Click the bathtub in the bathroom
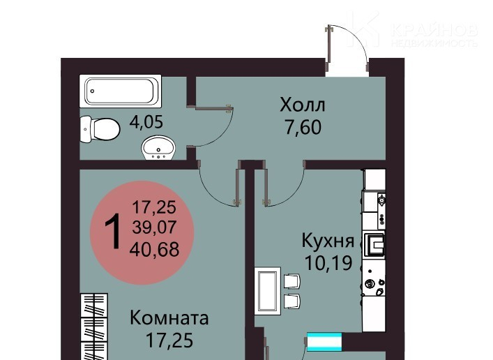(121, 91)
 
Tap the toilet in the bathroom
(100, 129)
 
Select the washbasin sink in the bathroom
(158, 148)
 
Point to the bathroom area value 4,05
(146, 122)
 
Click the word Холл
(303, 105)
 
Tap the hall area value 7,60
(303, 127)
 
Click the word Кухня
(328, 241)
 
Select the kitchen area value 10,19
(328, 263)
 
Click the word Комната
(169, 318)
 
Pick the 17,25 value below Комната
(169, 340)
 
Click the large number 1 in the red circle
(113, 232)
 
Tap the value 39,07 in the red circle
(154, 227)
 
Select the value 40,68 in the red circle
(154, 249)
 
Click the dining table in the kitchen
(268, 291)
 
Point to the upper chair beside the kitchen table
(292, 281)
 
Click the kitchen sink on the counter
(374, 244)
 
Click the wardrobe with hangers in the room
(94, 327)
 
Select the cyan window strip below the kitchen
(324, 342)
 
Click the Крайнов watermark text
(435, 30)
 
